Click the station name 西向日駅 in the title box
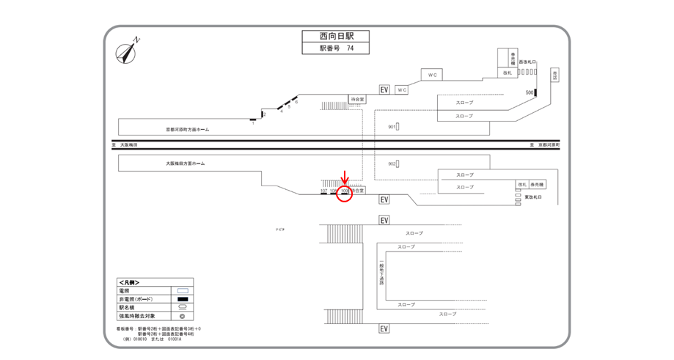coord(334,36)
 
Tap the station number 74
coord(350,48)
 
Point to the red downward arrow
coord(345,179)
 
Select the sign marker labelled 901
coord(398,127)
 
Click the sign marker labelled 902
coord(398,164)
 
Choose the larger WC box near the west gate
coord(432,75)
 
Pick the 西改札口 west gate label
coord(528,62)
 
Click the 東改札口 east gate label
coord(533,197)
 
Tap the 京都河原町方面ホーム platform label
coord(187,129)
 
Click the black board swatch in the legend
coord(183,299)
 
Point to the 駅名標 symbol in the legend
coord(183,308)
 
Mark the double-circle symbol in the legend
coord(183,317)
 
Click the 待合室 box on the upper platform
coord(357,98)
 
